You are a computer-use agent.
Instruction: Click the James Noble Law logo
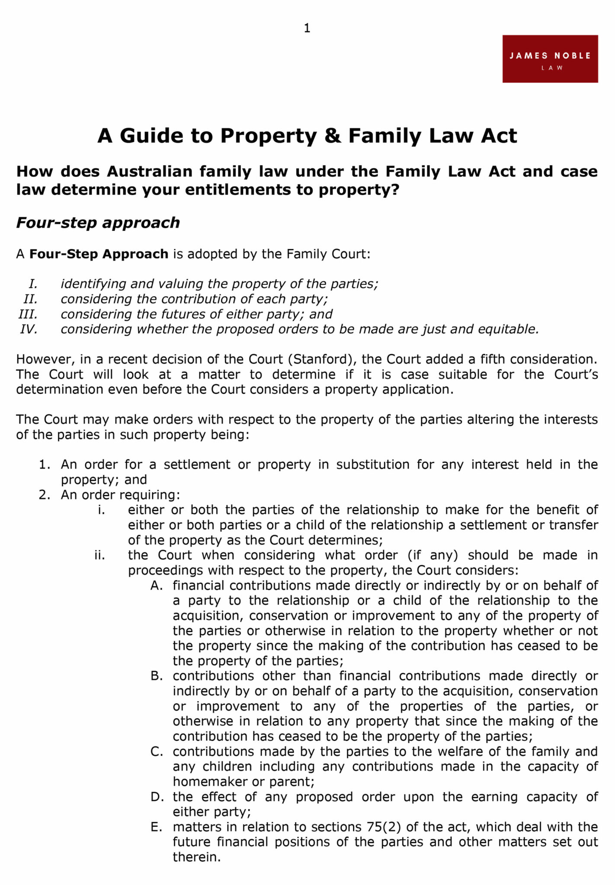[x=550, y=59]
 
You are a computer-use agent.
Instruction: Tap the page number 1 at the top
[x=307, y=29]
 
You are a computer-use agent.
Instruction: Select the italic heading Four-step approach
[x=98, y=223]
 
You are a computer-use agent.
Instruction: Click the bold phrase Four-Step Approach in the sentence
[x=99, y=254]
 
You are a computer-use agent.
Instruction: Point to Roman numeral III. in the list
[x=28, y=314]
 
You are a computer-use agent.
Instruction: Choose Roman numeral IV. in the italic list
[x=29, y=329]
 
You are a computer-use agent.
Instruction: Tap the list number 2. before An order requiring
[x=45, y=495]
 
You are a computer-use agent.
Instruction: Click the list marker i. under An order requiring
[x=101, y=510]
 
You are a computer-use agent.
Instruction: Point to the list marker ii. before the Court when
[x=99, y=555]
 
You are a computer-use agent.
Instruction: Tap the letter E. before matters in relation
[x=157, y=827]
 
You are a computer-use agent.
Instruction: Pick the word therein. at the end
[x=197, y=857]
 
